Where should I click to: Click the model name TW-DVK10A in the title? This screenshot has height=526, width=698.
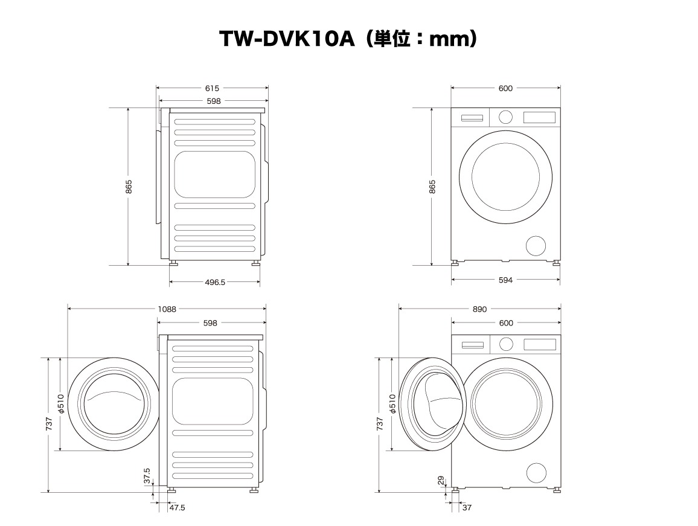tap(287, 39)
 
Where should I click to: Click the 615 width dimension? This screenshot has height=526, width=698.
tap(212, 88)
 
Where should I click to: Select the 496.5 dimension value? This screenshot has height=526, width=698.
tap(215, 282)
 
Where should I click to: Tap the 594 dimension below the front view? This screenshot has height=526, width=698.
tap(506, 280)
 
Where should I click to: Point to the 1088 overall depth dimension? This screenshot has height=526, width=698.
tap(167, 309)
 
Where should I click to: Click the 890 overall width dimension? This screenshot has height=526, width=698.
tap(479, 309)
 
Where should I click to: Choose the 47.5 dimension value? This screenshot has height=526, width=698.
tap(177, 507)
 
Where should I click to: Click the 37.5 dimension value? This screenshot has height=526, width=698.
tap(147, 476)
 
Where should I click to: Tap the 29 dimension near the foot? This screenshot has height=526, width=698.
tap(441, 481)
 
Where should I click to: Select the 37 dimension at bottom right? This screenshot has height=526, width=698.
tap(467, 507)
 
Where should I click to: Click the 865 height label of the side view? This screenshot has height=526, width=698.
tap(129, 187)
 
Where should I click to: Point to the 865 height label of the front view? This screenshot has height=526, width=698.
tap(432, 187)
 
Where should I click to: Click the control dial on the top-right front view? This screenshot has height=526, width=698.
tap(505, 117)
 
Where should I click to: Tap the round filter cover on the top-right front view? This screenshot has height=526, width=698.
tap(536, 246)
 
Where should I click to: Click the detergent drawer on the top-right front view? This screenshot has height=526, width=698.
tap(472, 118)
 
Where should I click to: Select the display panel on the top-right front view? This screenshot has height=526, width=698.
tap(540, 117)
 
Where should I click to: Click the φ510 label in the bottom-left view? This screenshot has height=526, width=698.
tap(62, 403)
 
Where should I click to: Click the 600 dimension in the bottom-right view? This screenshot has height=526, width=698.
tap(506, 323)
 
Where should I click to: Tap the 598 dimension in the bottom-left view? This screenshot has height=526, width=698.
tap(210, 323)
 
